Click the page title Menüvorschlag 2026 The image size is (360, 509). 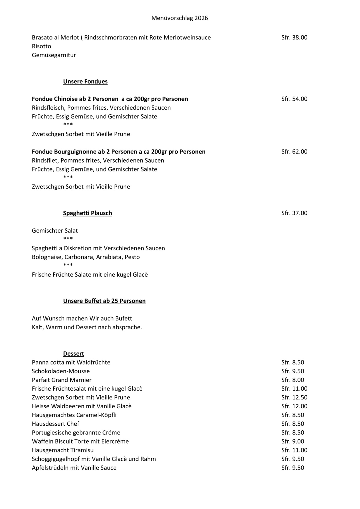tap(179, 18)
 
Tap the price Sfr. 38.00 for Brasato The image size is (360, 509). tap(294, 37)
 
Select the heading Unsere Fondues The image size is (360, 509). tap(85, 82)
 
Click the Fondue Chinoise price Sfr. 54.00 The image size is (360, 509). tap(294, 99)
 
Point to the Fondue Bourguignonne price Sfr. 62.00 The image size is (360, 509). tap(294, 152)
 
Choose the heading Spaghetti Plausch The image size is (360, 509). tap(87, 213)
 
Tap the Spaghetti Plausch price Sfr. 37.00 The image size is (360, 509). tap(294, 213)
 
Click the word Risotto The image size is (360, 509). tap(41, 46)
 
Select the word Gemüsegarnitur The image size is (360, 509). tap(54, 55)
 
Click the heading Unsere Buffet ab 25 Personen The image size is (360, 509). tap(104, 301)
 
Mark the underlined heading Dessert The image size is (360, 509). tap(73, 354)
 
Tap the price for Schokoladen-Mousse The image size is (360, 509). tap(293, 371)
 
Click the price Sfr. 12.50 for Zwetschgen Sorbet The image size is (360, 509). tap(294, 398)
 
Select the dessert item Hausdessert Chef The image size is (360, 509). tap(55, 424)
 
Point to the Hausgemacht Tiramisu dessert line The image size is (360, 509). tap(62, 450)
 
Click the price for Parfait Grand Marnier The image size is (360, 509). tap(293, 380)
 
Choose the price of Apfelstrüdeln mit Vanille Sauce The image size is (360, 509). tap(293, 468)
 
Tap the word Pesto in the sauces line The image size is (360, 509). tap(132, 257)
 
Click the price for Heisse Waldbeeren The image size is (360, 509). tap(294, 406)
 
